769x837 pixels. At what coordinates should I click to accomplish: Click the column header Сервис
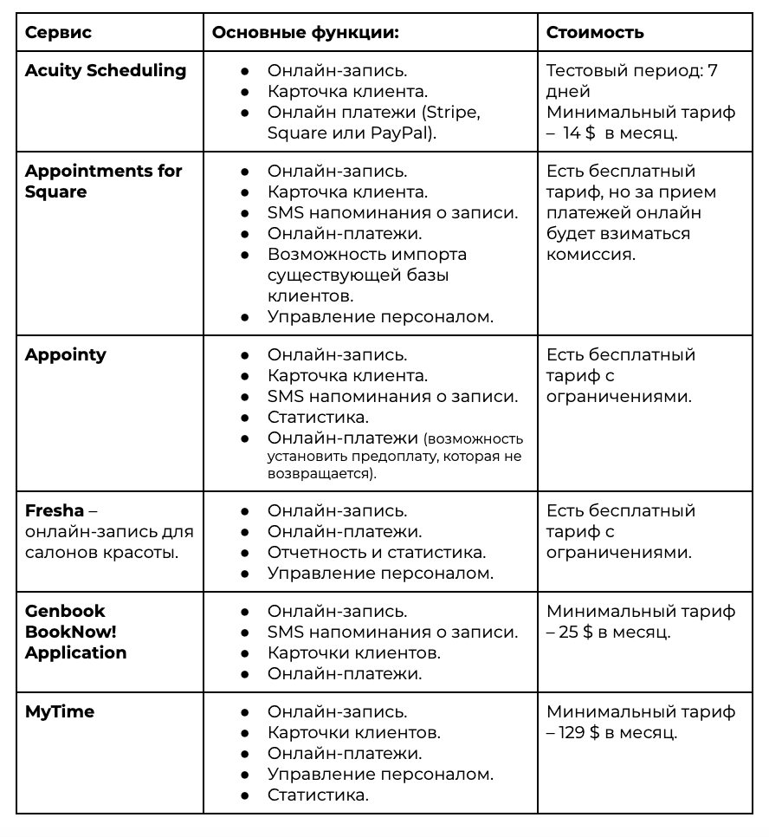58,33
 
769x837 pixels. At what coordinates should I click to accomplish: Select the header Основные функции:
305,33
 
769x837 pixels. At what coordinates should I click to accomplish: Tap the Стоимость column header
595,33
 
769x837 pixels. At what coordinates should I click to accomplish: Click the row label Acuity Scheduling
106,71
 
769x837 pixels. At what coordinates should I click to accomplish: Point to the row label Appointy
66,354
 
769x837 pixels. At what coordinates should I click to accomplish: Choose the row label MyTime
60,711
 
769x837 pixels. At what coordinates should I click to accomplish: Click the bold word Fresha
55,510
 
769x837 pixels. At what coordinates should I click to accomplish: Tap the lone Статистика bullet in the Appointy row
318,417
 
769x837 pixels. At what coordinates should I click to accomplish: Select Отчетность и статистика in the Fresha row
376,552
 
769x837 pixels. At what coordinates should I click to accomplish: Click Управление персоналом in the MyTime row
380,774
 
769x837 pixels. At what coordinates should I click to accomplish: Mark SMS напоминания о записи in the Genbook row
392,632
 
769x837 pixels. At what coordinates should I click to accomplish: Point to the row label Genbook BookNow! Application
76,632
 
